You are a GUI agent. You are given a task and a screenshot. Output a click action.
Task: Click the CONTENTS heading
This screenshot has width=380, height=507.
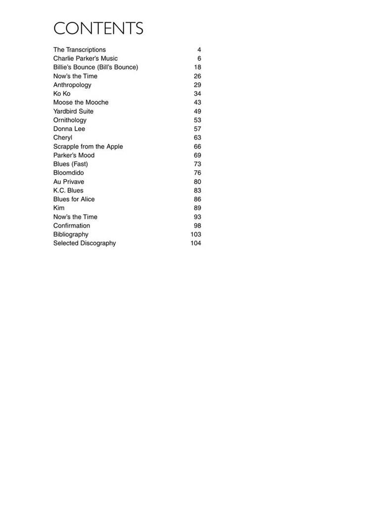98,28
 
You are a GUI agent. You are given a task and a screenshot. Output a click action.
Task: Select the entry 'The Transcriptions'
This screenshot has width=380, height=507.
79,50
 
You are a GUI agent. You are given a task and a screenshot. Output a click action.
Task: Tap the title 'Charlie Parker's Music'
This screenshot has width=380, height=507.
86,58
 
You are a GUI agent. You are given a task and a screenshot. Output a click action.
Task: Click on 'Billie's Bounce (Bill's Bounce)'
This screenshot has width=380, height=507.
95,67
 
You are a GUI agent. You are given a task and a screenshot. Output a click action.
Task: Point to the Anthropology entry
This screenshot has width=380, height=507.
72,85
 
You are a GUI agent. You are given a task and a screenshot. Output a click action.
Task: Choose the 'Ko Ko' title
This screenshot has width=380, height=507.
62,94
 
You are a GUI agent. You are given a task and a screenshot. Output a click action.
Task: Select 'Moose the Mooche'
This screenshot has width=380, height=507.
81,102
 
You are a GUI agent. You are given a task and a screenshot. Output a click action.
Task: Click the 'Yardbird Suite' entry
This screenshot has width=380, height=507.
73,111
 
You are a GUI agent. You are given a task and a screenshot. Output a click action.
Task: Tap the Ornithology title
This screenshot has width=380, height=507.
70,120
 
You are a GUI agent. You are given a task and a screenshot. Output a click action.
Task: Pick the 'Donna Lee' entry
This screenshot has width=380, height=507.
69,129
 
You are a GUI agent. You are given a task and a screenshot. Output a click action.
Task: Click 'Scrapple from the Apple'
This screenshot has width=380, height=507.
88,147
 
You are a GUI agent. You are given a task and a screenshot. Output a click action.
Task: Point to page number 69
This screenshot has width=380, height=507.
197,155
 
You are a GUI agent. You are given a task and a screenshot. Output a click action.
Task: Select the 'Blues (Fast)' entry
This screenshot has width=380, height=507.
71,164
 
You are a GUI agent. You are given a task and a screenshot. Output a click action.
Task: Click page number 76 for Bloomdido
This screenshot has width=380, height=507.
197,173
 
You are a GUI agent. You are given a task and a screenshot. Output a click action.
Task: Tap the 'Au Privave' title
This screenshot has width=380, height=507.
69,182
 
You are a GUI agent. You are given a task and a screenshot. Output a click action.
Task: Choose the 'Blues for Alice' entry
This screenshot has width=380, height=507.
74,199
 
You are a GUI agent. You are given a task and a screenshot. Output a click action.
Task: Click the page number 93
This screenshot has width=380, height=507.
197,217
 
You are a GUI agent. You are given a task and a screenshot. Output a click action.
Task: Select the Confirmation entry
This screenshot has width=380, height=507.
72,226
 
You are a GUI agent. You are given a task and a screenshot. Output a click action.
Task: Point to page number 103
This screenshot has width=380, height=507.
195,234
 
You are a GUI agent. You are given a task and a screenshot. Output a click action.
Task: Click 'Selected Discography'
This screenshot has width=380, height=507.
85,243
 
